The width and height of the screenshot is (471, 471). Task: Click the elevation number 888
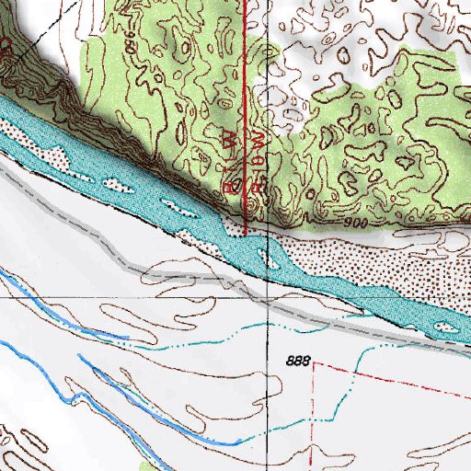296,362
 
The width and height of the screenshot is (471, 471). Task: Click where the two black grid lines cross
268,299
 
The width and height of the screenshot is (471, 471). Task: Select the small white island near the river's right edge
447,327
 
